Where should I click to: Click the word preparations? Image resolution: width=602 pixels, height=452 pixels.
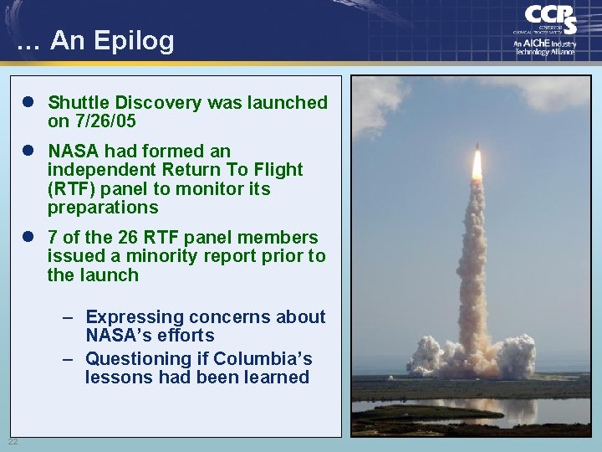coord(102,208)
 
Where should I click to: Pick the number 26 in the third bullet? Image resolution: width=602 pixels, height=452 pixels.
coord(149,238)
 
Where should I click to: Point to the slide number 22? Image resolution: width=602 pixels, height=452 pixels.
coord(13,441)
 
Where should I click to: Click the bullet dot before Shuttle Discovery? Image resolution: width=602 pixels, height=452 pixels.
coord(28,103)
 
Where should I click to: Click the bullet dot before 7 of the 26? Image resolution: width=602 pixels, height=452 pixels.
coord(28,238)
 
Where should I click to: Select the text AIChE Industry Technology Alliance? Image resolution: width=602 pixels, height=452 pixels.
coord(544,47)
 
